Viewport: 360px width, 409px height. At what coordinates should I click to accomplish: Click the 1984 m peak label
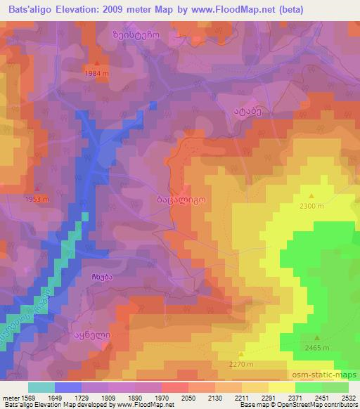[97, 73]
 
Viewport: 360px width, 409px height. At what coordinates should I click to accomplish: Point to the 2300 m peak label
[311, 205]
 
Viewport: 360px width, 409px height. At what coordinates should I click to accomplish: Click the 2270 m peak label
[241, 364]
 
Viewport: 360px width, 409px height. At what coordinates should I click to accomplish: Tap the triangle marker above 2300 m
[311, 196]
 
